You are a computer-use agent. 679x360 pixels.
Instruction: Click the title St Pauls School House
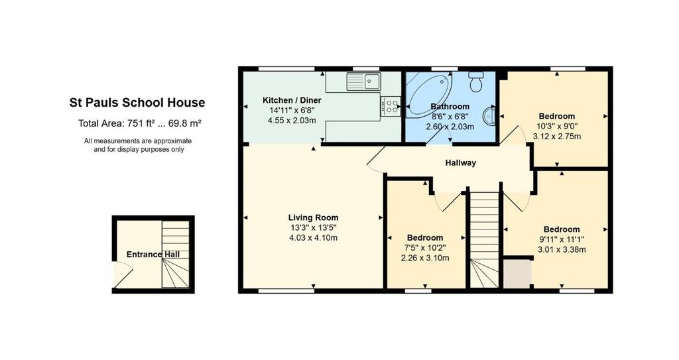point(137,103)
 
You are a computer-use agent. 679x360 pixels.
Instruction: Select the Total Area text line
point(139,123)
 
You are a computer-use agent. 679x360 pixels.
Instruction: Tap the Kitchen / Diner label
point(292,101)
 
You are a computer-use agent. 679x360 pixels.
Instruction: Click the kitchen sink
point(364,82)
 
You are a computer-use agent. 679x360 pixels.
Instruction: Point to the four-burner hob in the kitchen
point(391,107)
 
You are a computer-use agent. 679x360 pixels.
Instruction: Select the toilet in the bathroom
point(476,82)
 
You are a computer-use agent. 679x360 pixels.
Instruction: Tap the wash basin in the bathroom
point(489,116)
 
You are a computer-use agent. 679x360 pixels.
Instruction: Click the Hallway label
point(461,163)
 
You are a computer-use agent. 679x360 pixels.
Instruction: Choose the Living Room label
point(314,218)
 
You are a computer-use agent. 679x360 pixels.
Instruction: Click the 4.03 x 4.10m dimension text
point(314,238)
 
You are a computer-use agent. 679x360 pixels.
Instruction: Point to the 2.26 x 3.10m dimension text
point(425,258)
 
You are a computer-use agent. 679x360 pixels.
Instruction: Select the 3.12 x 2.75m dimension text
point(557,137)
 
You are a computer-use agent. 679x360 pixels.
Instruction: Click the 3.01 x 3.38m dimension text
point(562,249)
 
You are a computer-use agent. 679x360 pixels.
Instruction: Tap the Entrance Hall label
point(153,255)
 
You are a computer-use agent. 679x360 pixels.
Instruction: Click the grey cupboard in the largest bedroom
point(517,273)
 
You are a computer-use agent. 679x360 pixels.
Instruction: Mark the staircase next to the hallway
point(485,240)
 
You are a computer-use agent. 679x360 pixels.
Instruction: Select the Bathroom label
point(450,107)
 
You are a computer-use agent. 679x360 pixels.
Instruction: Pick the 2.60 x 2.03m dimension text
point(450,127)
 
